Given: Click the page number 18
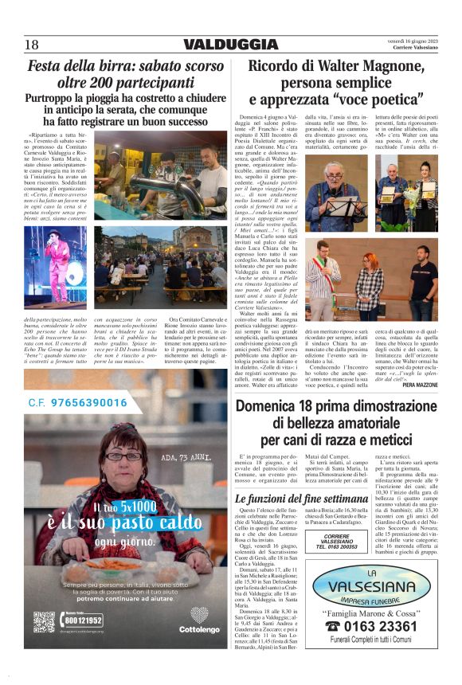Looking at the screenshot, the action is [x=31, y=45].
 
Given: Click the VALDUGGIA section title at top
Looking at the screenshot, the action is [x=230, y=45].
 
